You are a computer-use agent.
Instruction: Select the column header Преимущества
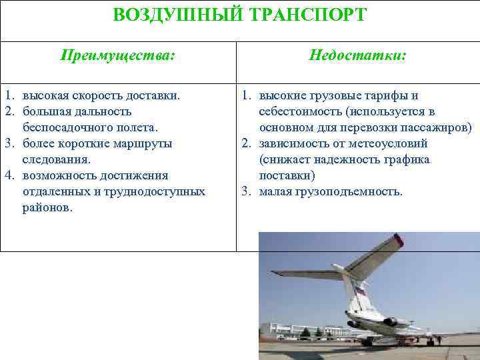pyautogui.click(x=118, y=56)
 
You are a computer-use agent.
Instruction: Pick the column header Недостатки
pyautogui.click(x=358, y=56)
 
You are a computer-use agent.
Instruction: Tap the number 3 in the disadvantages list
pyautogui.click(x=246, y=191)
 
